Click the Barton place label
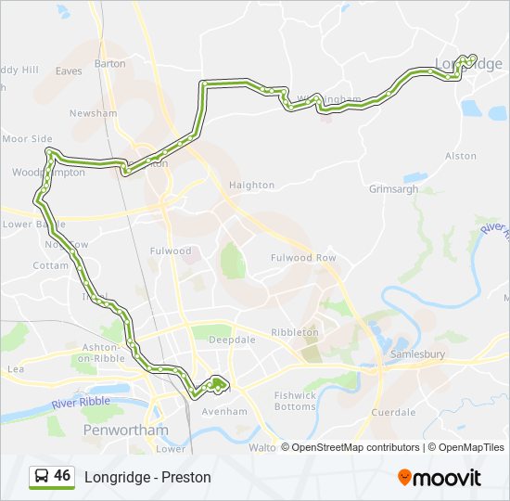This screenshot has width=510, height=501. (109, 64)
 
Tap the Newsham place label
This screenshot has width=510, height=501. (99, 113)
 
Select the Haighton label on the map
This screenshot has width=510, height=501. (251, 186)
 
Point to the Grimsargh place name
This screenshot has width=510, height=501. (393, 189)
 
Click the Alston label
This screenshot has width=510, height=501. (461, 157)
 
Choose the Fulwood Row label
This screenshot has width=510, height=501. (302, 257)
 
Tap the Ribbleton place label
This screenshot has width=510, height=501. (295, 332)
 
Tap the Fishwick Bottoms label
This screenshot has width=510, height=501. (296, 401)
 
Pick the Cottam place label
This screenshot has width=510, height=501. (50, 264)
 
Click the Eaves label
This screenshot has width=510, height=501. (69, 71)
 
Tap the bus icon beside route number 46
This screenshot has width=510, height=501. (42, 477)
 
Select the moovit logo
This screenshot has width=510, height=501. (440, 477)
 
